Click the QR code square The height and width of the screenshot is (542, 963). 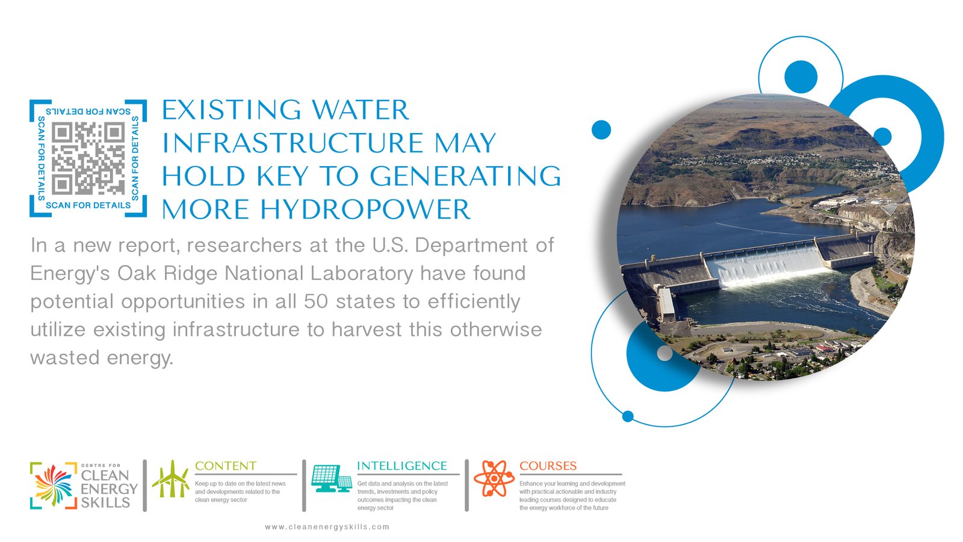[88, 158]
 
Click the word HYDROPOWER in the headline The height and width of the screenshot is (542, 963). [365, 210]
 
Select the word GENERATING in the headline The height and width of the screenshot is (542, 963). [466, 176]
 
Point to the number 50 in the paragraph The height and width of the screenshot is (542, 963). [316, 301]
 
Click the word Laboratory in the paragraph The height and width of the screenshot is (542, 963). [362, 273]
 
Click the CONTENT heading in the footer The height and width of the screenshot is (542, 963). [226, 466]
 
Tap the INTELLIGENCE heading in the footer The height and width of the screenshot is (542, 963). [402, 466]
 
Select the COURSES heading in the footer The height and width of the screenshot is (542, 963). [548, 466]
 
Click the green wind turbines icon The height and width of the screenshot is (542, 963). [171, 479]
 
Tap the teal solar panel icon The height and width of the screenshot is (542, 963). [332, 479]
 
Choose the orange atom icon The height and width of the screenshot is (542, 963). [494, 478]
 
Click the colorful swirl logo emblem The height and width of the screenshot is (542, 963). [54, 485]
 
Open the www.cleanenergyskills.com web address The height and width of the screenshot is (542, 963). [327, 527]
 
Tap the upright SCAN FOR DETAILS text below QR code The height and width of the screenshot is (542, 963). [88, 205]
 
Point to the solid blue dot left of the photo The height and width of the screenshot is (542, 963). [601, 129]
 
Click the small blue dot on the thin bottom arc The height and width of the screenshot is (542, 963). [628, 416]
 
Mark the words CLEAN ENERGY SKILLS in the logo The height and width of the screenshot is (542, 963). [109, 489]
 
